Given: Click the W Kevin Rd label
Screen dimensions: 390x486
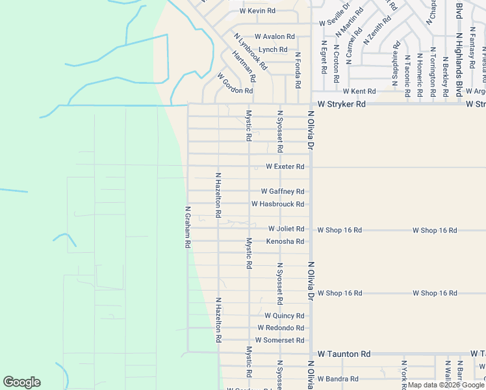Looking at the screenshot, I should tap(257, 11).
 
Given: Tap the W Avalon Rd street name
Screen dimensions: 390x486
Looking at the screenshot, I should tap(275, 36).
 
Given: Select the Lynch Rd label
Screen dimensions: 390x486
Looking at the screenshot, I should tap(273, 49).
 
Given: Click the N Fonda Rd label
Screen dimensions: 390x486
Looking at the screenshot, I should tap(298, 70).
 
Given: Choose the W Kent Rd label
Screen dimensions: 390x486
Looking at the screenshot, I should tap(359, 92).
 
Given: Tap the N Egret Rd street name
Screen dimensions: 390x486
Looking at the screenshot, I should tap(323, 57).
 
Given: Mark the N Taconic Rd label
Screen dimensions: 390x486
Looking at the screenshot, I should tap(407, 75).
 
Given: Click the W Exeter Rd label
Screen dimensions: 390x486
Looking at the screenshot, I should tap(285, 166).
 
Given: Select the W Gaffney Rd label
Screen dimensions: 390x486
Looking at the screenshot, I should tap(283, 191).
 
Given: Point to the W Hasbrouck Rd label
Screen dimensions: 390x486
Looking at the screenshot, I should tap(278, 204).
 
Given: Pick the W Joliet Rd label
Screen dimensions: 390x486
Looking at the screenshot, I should tap(286, 229).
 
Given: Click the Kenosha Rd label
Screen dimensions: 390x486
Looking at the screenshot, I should tap(285, 241).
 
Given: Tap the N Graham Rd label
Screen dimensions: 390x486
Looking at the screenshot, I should tap(187, 227).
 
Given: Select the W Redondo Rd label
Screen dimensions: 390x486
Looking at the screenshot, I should tap(281, 328).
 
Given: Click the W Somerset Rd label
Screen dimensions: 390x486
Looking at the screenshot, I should tap(279, 340).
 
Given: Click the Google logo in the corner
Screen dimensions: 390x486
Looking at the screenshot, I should tap(21, 382).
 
